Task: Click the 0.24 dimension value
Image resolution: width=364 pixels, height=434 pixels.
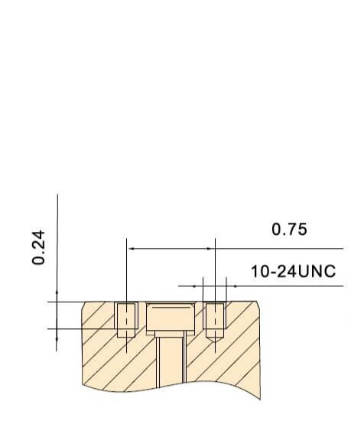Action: pos(38,247)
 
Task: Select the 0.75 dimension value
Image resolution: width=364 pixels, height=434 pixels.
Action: pos(289,230)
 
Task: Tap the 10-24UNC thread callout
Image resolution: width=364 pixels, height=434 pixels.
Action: pos(294,271)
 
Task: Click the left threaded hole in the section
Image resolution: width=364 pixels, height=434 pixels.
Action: pos(126,319)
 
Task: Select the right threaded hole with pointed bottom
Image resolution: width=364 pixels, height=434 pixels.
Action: pos(215,321)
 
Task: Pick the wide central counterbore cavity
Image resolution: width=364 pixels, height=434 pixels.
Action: pos(171,317)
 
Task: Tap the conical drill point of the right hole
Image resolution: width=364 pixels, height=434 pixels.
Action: pos(215,339)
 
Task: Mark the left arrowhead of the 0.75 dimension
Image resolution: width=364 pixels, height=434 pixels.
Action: pos(132,249)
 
